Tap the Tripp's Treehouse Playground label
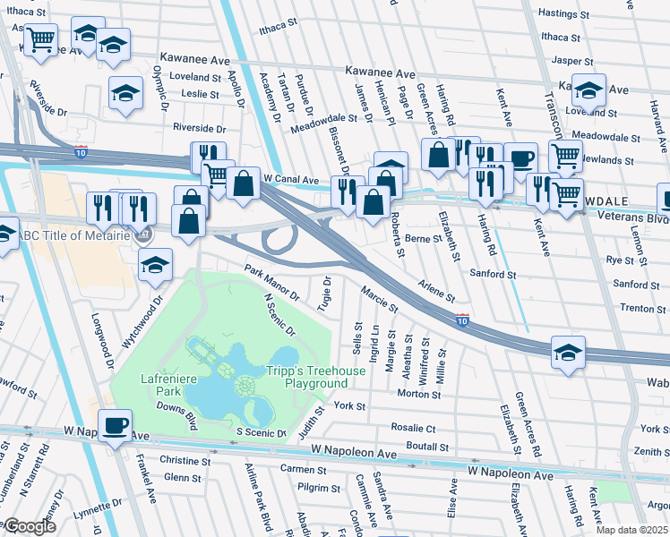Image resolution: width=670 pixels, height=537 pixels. [x=305, y=377]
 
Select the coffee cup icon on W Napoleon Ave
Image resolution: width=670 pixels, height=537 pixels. [x=114, y=426]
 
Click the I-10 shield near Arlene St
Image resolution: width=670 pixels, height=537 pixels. [x=461, y=320]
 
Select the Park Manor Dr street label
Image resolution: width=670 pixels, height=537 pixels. [x=272, y=282]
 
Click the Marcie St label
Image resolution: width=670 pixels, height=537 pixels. [x=379, y=299]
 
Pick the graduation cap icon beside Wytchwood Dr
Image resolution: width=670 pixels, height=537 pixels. [x=155, y=265]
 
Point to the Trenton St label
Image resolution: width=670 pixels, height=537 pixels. [x=639, y=308]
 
